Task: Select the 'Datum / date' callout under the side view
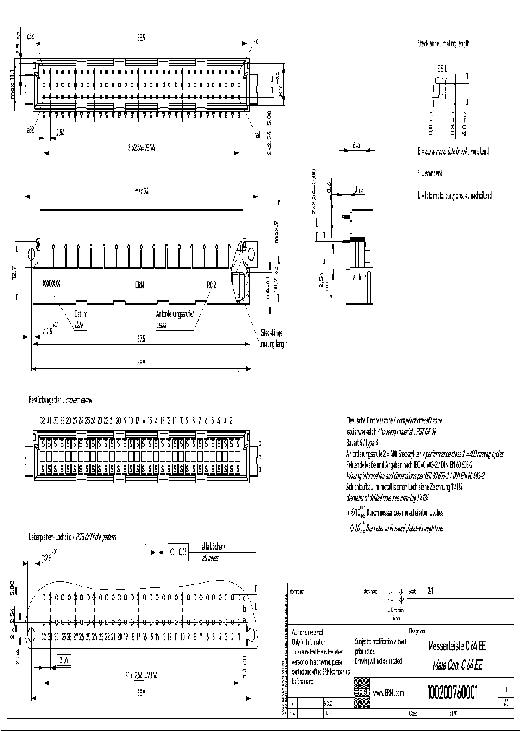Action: tap(79, 319)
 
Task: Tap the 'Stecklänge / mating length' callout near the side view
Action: tap(273, 340)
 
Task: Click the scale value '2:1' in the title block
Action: tap(431, 590)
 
